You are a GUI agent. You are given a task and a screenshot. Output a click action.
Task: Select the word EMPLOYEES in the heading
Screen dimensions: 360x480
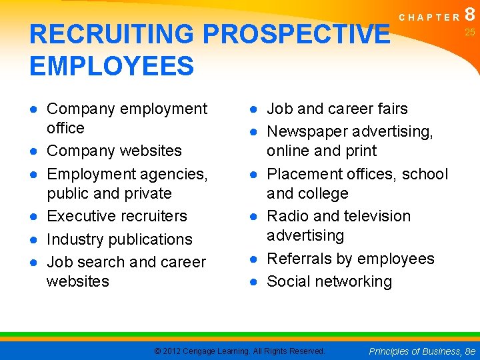112,67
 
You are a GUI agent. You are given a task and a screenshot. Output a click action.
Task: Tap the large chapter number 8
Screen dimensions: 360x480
471,13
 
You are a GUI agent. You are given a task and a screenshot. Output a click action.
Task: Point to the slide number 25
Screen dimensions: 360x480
470,32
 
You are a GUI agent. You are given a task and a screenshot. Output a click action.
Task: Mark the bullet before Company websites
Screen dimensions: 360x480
34,151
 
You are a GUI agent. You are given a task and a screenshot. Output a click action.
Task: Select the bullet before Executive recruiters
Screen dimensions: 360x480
34,217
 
